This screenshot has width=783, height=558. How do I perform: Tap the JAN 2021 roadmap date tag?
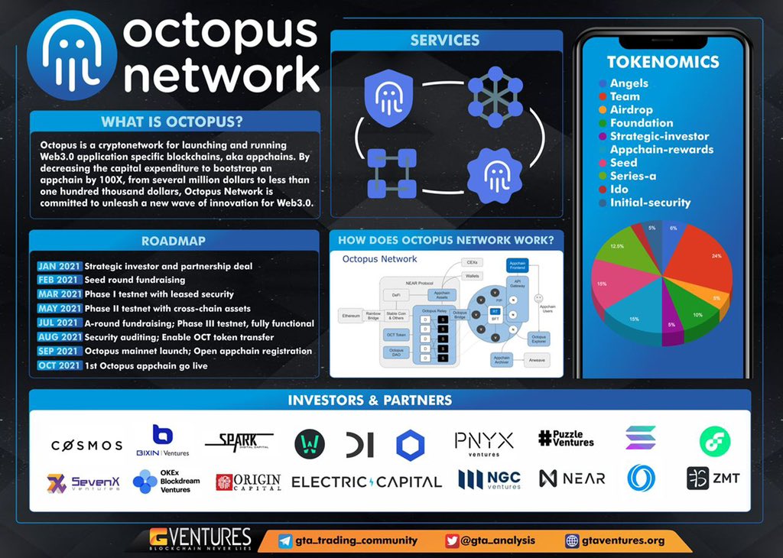(59, 266)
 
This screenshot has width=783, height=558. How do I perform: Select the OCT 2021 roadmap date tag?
(59, 365)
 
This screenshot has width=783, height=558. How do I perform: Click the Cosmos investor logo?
(86, 445)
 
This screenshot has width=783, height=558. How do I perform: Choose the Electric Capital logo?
(367, 482)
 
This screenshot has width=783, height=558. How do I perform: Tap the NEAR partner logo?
(572, 479)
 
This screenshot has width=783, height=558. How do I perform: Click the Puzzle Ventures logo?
(566, 438)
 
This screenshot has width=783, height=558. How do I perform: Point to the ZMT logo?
(713, 479)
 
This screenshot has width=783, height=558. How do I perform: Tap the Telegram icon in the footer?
(285, 540)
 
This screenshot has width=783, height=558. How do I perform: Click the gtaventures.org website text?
(623, 540)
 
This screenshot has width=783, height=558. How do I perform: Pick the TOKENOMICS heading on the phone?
(663, 62)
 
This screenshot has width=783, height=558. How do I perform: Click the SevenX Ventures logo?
(84, 482)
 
